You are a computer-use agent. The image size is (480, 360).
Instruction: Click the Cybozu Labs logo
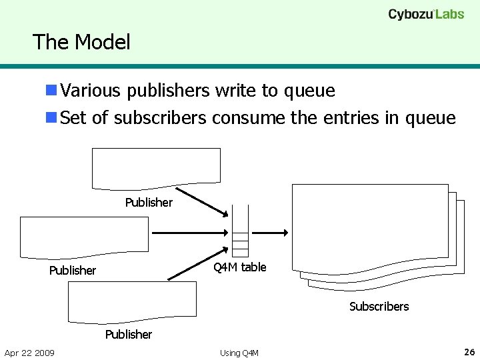pyautogui.click(x=426, y=14)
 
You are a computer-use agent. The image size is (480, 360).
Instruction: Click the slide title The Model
pyautogui.click(x=81, y=42)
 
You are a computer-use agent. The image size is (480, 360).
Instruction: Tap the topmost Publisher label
pyautogui.click(x=149, y=202)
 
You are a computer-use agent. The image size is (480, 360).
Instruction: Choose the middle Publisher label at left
pyautogui.click(x=73, y=270)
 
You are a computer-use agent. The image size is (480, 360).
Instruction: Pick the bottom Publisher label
pyautogui.click(x=129, y=334)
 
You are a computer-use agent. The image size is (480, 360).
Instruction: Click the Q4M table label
pyautogui.click(x=239, y=267)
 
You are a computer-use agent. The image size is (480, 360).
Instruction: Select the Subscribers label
pyautogui.click(x=379, y=307)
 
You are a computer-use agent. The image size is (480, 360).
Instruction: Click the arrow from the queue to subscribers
pyautogui.click(x=271, y=233)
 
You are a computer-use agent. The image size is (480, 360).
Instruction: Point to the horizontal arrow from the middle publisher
pyautogui.click(x=191, y=233)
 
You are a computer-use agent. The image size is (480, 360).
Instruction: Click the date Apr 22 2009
pyautogui.click(x=29, y=352)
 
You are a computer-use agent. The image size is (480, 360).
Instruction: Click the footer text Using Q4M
pyautogui.click(x=239, y=353)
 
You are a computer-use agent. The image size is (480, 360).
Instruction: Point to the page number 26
pyautogui.click(x=469, y=351)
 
